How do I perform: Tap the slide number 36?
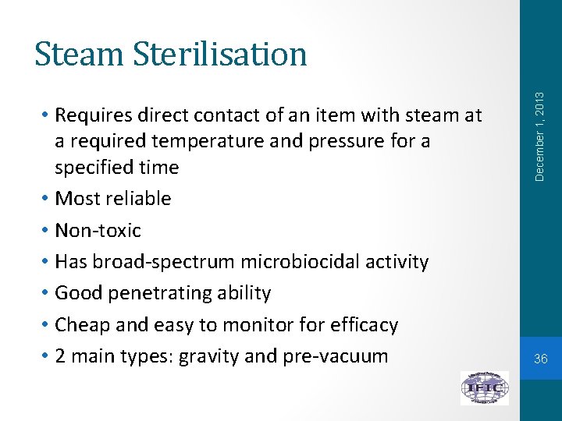click(x=541, y=359)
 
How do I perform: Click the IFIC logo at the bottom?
click(x=484, y=387)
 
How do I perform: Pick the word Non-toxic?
click(x=98, y=231)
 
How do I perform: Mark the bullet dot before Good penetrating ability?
click(x=47, y=293)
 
